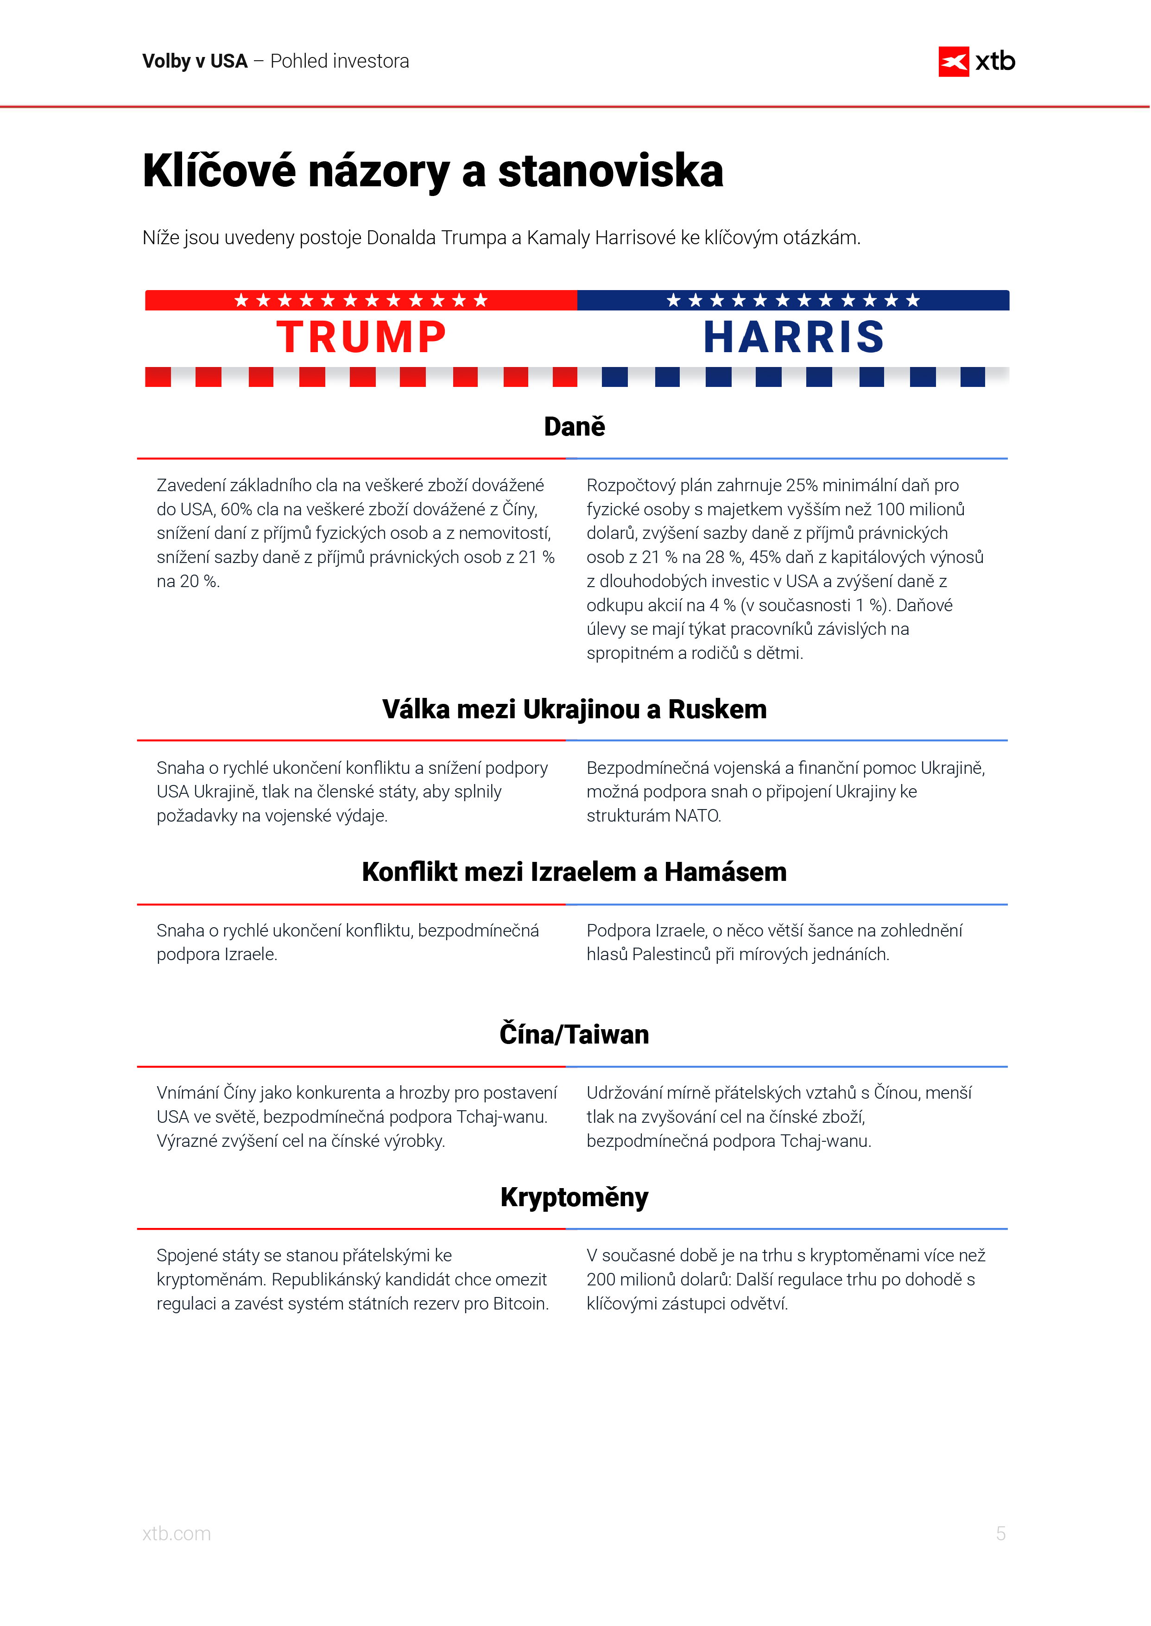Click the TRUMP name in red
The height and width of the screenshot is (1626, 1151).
click(361, 337)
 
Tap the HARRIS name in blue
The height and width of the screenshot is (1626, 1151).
click(793, 337)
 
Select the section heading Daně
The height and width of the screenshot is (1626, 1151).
click(574, 427)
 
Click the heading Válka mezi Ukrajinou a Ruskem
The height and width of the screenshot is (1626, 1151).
click(574, 709)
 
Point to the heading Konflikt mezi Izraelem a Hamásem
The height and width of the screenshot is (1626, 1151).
click(574, 872)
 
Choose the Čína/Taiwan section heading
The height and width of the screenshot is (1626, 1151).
click(574, 1034)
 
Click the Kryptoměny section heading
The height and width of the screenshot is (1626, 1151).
click(574, 1197)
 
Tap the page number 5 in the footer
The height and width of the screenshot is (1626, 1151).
click(1000, 1533)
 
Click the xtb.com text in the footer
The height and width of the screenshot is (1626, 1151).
click(177, 1533)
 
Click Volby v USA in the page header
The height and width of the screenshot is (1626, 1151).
click(195, 62)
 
